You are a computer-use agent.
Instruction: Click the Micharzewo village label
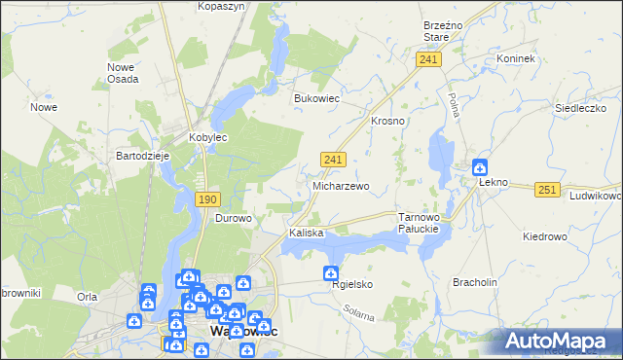click(x=340, y=186)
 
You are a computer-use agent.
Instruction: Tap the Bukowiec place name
click(x=316, y=98)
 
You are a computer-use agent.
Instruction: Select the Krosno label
click(x=387, y=121)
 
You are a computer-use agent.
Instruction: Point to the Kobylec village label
click(x=207, y=138)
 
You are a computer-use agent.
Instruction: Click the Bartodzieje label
click(x=143, y=156)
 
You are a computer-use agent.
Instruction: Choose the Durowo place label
click(x=233, y=219)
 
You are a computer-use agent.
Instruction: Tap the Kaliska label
click(x=306, y=234)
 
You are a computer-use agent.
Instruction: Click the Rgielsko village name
click(x=352, y=285)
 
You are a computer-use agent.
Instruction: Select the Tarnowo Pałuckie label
click(x=421, y=223)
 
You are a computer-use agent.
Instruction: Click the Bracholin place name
click(x=475, y=282)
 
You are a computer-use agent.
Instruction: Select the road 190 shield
click(x=206, y=199)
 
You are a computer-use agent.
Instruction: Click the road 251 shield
click(x=547, y=190)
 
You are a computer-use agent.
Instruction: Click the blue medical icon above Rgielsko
click(x=331, y=274)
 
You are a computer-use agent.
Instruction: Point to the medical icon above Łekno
click(x=480, y=166)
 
